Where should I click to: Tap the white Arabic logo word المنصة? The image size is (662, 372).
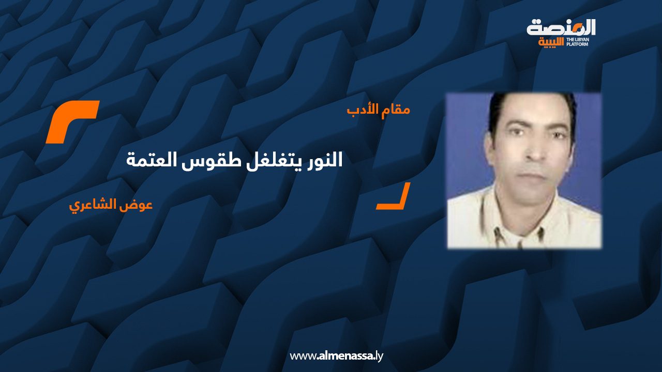click(x=561, y=28)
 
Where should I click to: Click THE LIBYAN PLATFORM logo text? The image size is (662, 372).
click(x=578, y=42)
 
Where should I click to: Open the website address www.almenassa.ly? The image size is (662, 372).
click(x=336, y=356)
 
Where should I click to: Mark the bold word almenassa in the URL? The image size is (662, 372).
click(x=345, y=356)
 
